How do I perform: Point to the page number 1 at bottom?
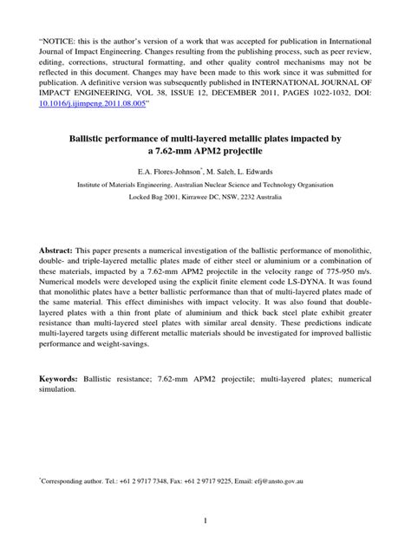pos(205,520)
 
